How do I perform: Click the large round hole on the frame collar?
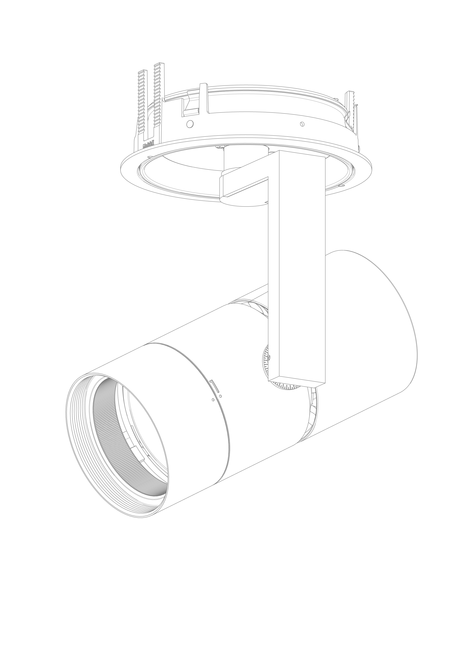click(x=190, y=124)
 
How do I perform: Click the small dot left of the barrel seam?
click(x=213, y=400)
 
